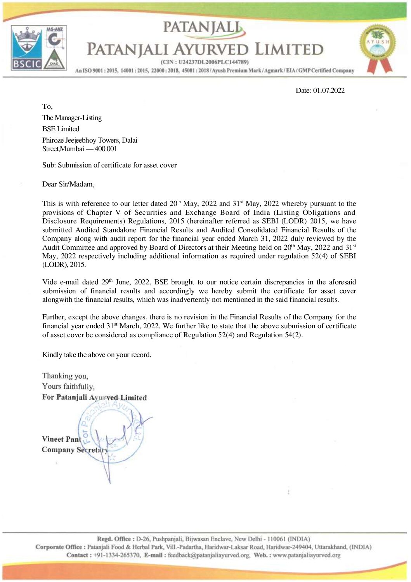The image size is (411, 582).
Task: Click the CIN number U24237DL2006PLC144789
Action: click(x=213, y=62)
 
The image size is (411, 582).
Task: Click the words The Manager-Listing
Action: click(x=72, y=118)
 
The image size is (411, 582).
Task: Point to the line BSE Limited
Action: click(x=61, y=129)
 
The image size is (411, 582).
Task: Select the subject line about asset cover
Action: click(x=109, y=165)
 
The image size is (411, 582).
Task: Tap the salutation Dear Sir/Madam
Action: click(x=68, y=184)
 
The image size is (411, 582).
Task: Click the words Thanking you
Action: click(x=65, y=376)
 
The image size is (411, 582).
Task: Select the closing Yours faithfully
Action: click(x=68, y=387)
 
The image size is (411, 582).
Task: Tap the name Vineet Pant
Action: click(x=61, y=439)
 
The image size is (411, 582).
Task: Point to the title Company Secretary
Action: click(x=74, y=450)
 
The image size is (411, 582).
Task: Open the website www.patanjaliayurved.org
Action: click(x=307, y=555)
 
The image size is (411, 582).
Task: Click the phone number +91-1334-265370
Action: click(x=118, y=555)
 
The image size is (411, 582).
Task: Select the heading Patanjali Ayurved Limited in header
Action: click(x=205, y=50)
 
